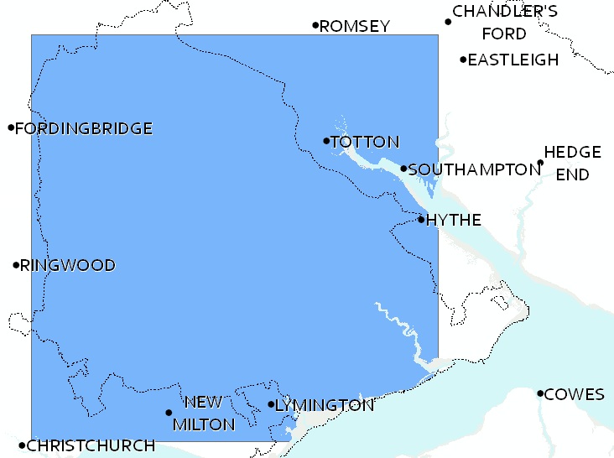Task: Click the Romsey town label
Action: (355, 27)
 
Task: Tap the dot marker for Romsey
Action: (315, 25)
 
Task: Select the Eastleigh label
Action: (513, 60)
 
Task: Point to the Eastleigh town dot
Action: (463, 59)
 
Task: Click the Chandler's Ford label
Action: (504, 23)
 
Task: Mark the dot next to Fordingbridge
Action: (11, 128)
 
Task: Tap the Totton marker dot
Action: (326, 140)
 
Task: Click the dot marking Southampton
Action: (403, 169)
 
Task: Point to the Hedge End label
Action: (572, 164)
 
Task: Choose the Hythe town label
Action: (454, 221)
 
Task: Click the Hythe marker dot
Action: (421, 219)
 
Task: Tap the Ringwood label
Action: (68, 266)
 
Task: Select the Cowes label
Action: (574, 395)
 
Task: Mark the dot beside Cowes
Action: (540, 393)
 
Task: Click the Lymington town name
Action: (325, 406)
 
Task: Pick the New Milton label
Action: (204, 414)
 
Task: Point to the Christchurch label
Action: (91, 446)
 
